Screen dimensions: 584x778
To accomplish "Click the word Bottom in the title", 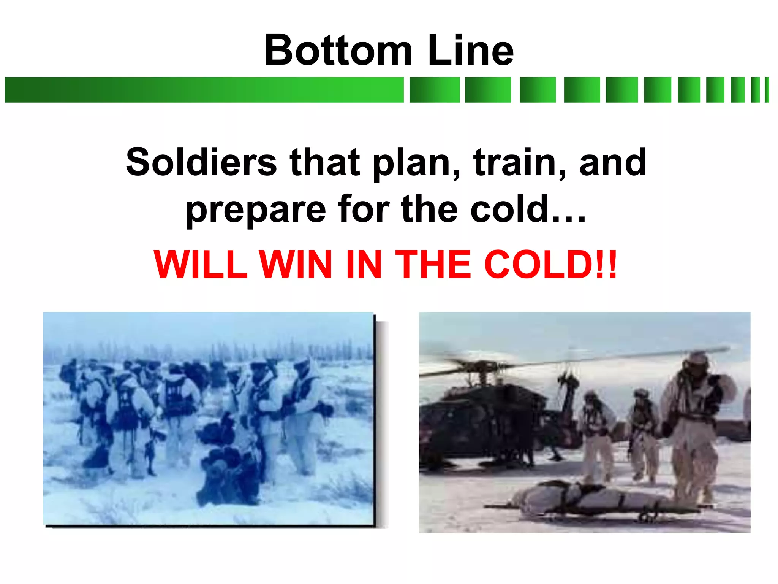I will pos(338,50).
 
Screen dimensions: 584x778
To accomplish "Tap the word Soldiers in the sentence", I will pos(201,162).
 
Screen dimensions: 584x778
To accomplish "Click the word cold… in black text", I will pos(528,209).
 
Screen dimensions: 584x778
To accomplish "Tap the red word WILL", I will pos(201,264).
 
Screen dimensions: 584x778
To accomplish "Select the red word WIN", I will pos(295,264).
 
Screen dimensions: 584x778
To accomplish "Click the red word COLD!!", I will pos(550,264).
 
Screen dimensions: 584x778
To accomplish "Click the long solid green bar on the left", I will pos(204,90).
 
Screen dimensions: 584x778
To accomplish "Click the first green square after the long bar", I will pos(434,90).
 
